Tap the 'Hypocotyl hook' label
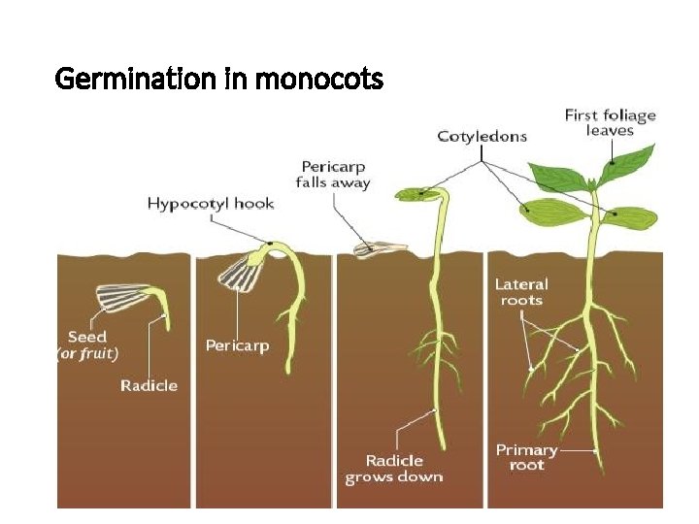pyautogui.click(x=210, y=204)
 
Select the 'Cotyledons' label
pyautogui.click(x=482, y=136)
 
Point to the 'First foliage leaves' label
pyautogui.click(x=610, y=122)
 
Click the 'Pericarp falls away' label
pyautogui.click(x=333, y=175)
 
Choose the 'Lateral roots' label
pyautogui.click(x=521, y=292)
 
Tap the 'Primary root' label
pyautogui.click(x=526, y=457)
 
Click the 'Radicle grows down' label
pyautogui.click(x=393, y=469)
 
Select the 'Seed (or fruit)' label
pyautogui.click(x=87, y=344)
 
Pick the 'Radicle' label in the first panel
pyautogui.click(x=149, y=386)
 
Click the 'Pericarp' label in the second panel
pyautogui.click(x=237, y=345)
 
